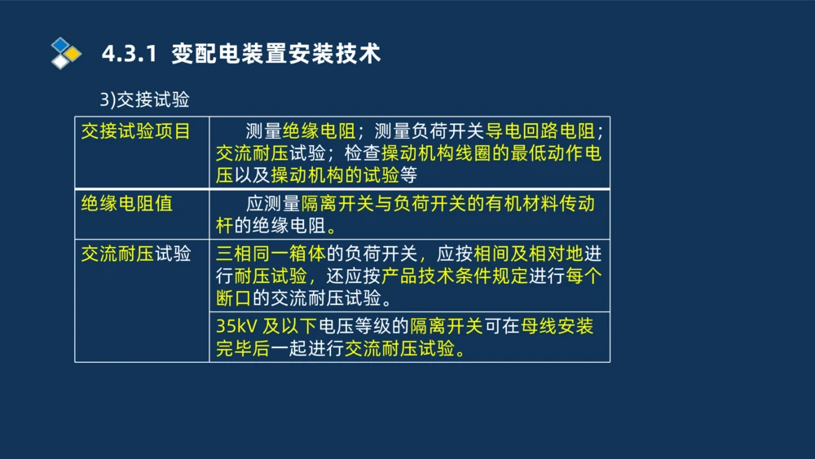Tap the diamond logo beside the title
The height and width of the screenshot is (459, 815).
[x=65, y=53]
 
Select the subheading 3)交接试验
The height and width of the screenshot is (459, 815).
[x=144, y=99]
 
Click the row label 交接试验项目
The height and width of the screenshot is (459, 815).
[x=135, y=131]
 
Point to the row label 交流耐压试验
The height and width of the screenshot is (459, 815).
[x=135, y=254]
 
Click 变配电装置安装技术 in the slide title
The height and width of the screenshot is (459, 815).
[x=276, y=55]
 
